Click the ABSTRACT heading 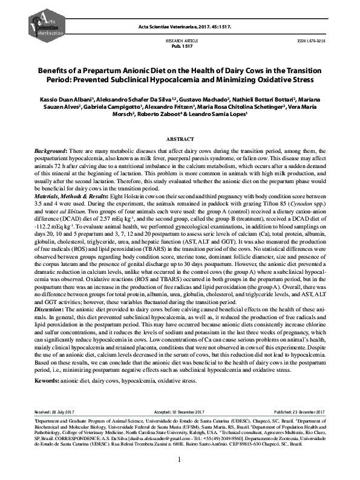[x=180, y=138]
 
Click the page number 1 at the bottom [x=180, y=460]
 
